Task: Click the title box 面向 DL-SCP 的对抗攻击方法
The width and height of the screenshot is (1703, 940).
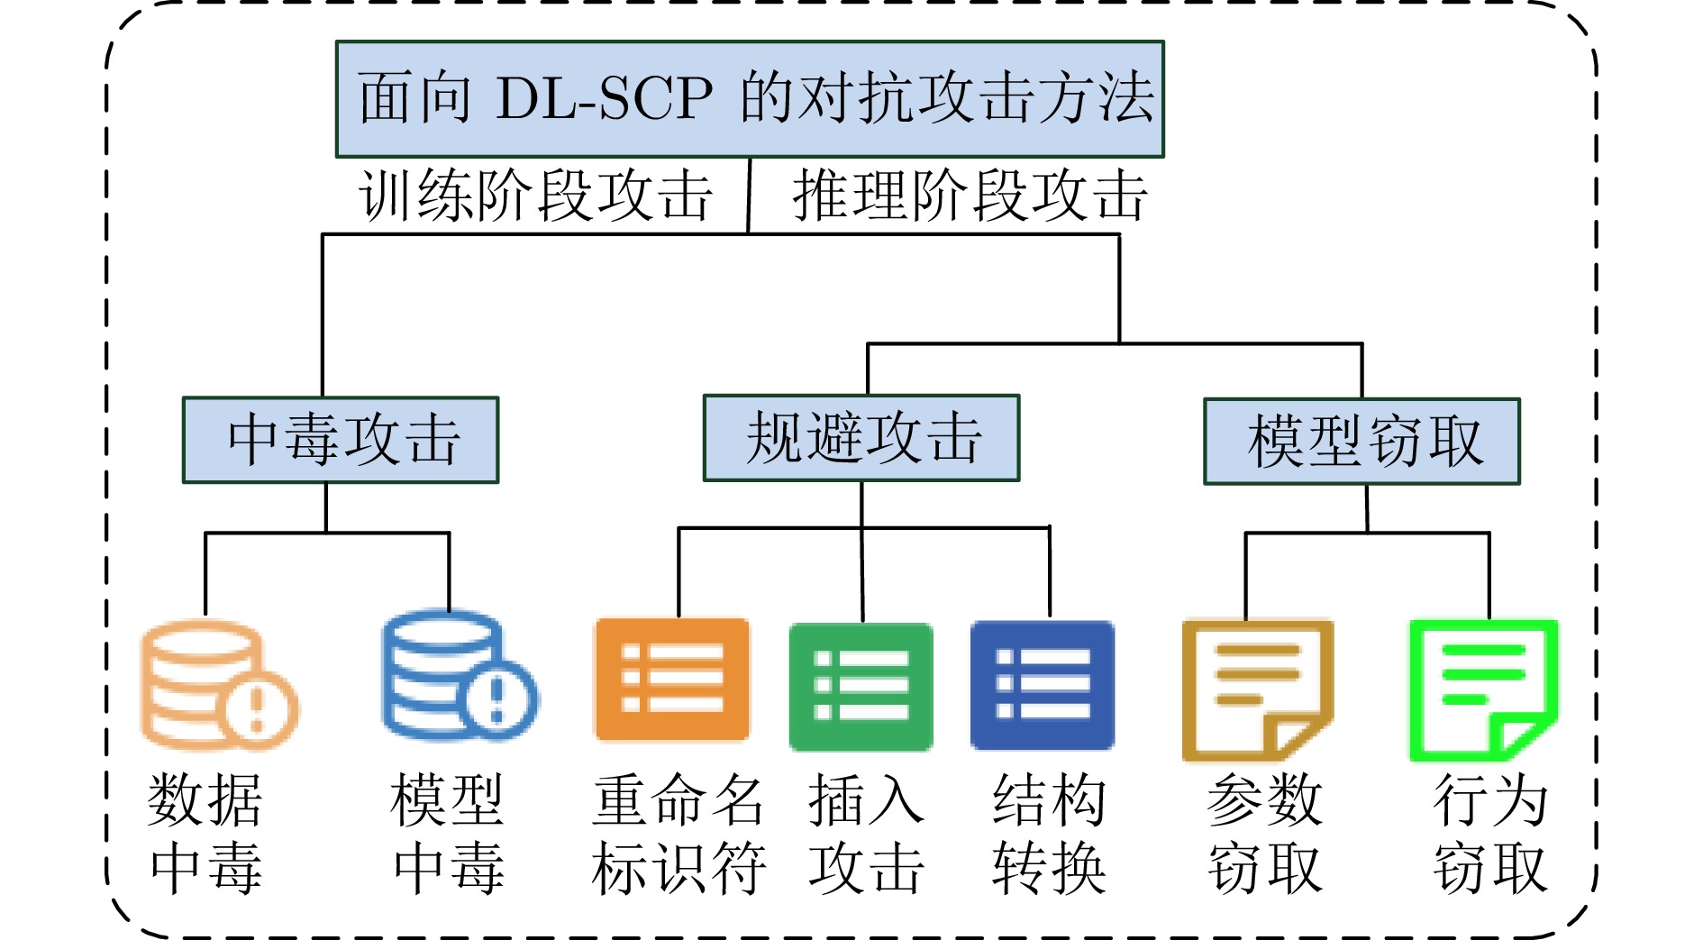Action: (750, 99)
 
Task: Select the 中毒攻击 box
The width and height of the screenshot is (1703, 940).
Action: (341, 440)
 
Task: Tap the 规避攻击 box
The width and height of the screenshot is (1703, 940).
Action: (861, 438)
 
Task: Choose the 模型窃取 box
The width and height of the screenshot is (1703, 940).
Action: (1361, 442)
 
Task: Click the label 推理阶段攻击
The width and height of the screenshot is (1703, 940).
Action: (970, 196)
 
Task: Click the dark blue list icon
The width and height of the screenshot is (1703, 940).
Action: (1043, 685)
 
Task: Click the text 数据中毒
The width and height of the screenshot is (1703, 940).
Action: (205, 834)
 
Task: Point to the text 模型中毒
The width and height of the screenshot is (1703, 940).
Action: (448, 834)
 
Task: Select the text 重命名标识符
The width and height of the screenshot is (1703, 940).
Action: (678, 834)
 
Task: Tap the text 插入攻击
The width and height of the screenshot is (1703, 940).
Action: (866, 834)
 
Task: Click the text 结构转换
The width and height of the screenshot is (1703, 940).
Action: (1049, 834)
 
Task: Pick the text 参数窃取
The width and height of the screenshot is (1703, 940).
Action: (1264, 834)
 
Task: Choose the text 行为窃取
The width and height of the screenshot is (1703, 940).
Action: (1490, 834)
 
